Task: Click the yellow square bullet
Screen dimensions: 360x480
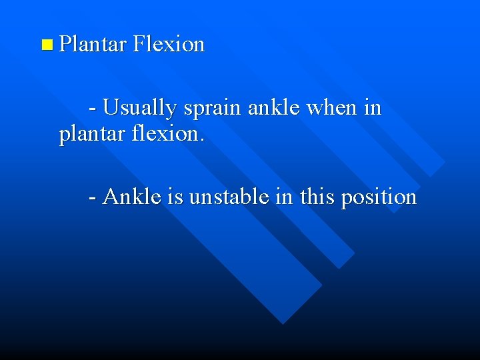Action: click(x=46, y=45)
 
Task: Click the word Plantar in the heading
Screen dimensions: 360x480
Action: click(x=93, y=45)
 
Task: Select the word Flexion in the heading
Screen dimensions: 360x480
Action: click(x=169, y=45)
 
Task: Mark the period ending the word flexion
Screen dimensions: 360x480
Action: click(x=202, y=141)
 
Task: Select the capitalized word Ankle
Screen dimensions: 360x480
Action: click(x=133, y=197)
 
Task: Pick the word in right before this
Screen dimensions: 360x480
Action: click(x=284, y=197)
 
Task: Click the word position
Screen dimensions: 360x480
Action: click(x=379, y=198)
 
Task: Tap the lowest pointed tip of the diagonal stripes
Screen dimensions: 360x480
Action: click(x=283, y=324)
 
